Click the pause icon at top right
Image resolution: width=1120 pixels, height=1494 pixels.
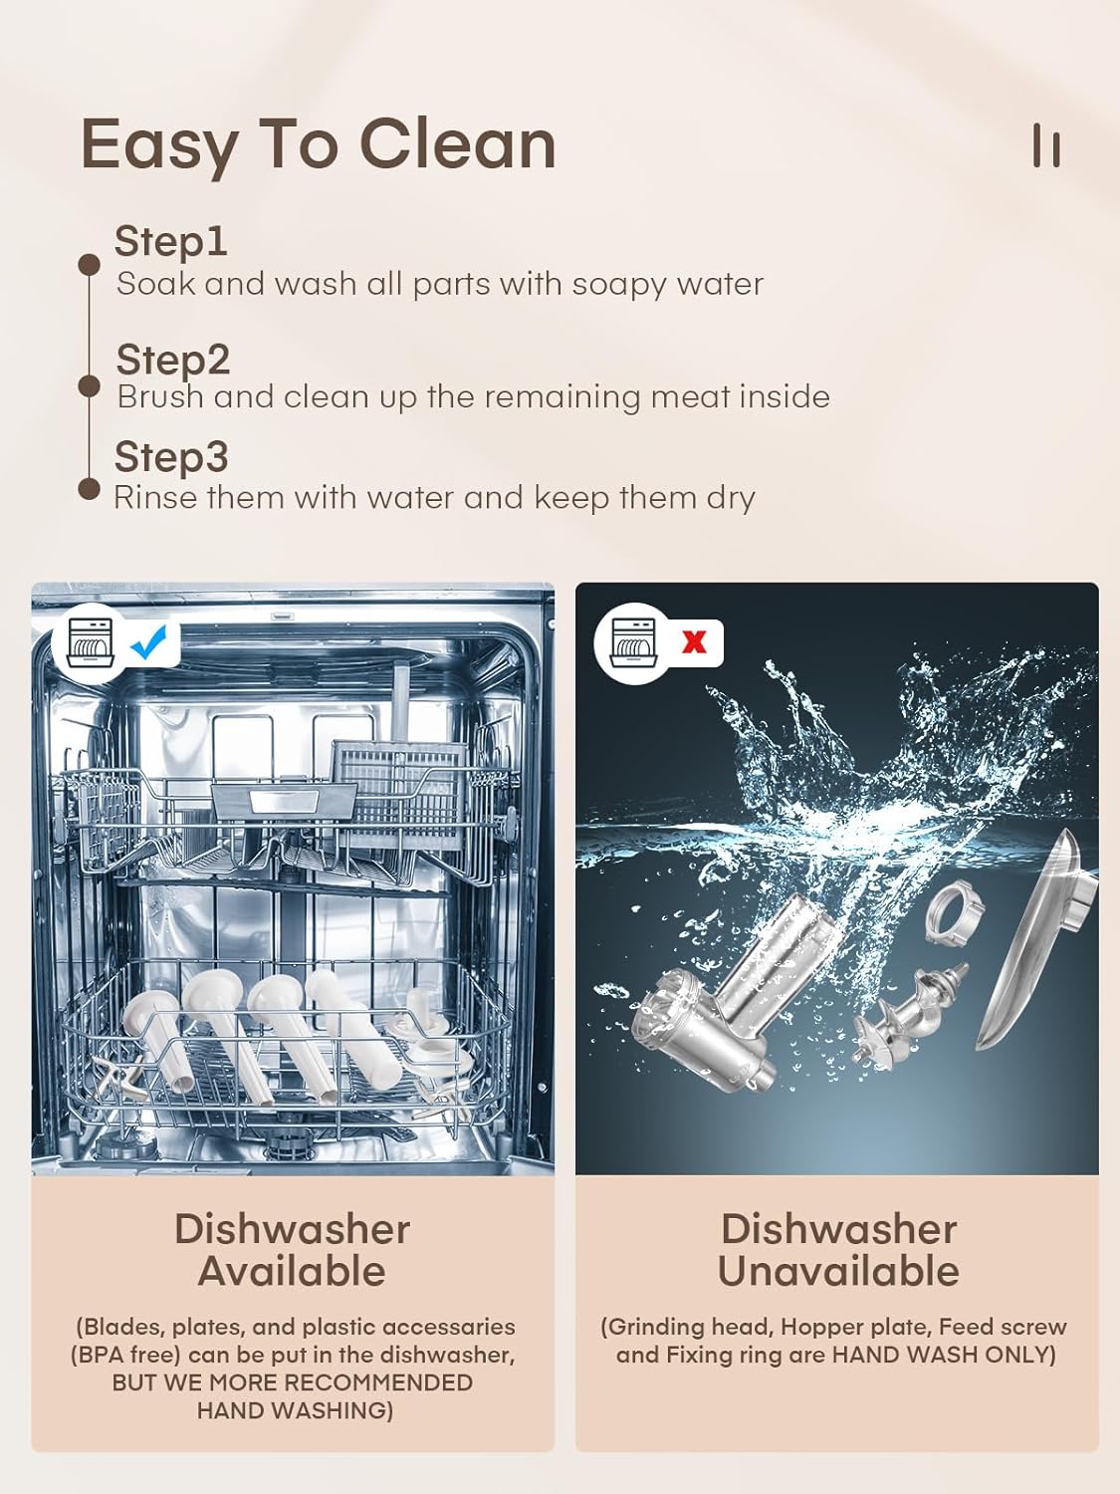pos(1046,145)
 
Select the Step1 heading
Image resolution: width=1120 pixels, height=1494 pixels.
pos(170,241)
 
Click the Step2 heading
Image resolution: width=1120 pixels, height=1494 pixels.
pos(172,360)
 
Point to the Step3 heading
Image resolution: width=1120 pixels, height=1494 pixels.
pos(171,456)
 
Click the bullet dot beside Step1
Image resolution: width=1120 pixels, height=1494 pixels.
pos(89,265)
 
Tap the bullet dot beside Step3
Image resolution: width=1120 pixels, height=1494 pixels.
pos(89,489)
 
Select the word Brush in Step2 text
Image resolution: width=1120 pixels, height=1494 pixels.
pos(160,396)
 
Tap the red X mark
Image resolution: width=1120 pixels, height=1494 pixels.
pos(694,641)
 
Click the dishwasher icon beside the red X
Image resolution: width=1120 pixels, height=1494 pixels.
pos(632,642)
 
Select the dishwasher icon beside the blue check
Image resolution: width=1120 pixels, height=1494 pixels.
pos(91,642)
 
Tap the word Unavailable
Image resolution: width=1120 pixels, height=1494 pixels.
pos(838,1271)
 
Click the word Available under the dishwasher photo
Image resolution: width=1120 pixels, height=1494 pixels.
pos(292,1271)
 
